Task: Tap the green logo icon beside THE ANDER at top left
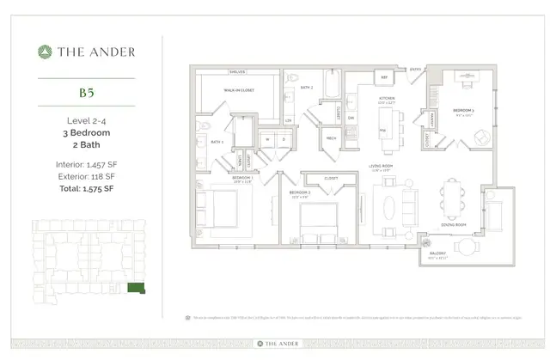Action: coord(42,52)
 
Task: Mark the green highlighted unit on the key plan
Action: coord(136,289)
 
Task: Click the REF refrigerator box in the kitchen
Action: coord(385,76)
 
